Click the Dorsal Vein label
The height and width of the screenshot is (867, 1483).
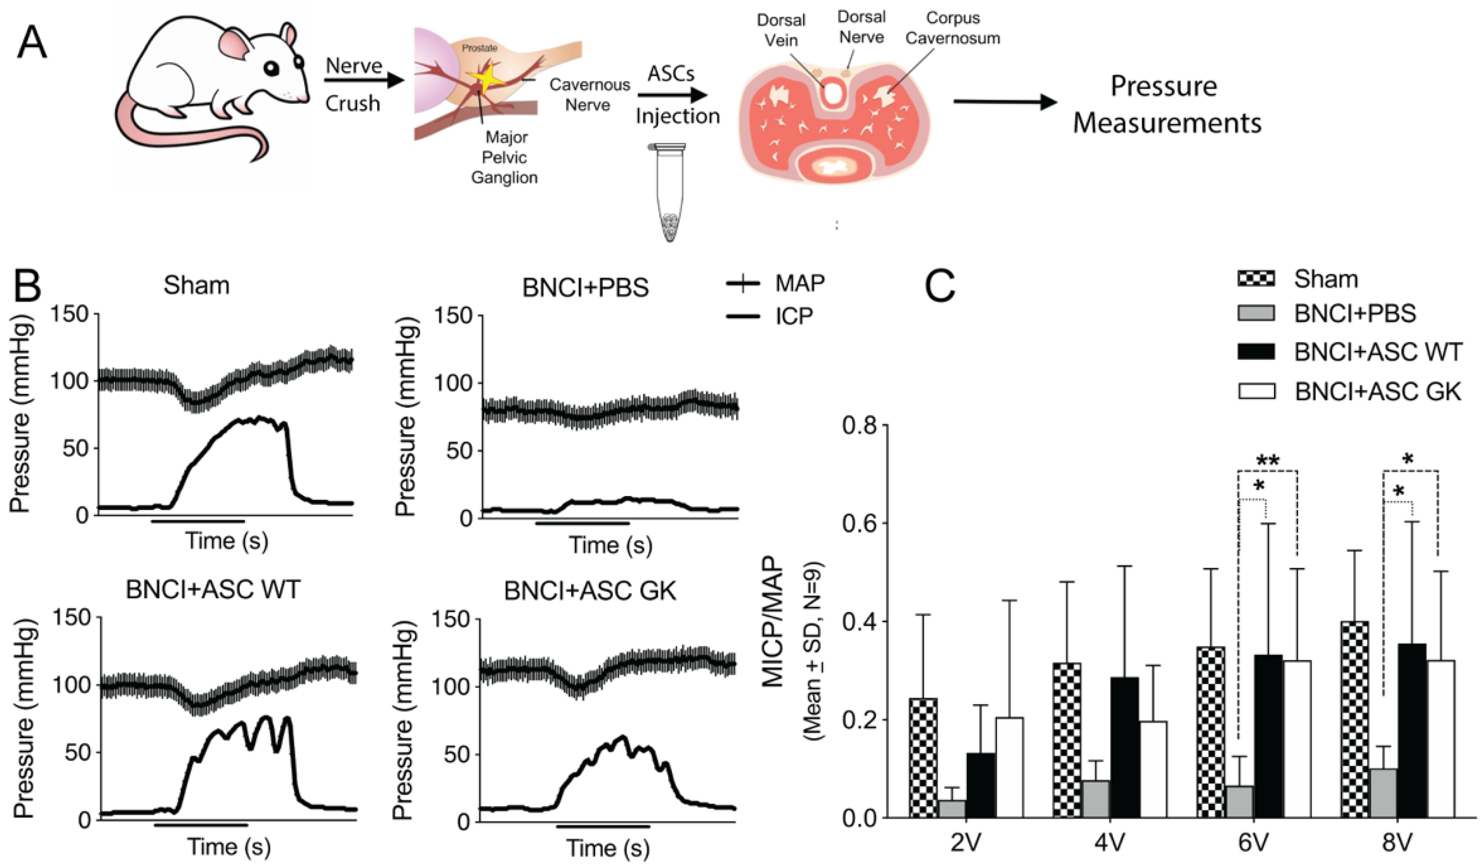pyautogui.click(x=781, y=30)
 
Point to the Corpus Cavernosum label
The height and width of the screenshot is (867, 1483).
pyautogui.click(x=952, y=28)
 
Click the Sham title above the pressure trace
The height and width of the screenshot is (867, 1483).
pyautogui.click(x=196, y=285)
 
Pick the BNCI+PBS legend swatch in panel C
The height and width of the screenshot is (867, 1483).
pyautogui.click(x=1256, y=313)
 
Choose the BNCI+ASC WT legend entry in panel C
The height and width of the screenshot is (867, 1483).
pyautogui.click(x=1378, y=352)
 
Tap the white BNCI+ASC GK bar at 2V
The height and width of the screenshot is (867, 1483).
pyautogui.click(x=1009, y=767)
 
